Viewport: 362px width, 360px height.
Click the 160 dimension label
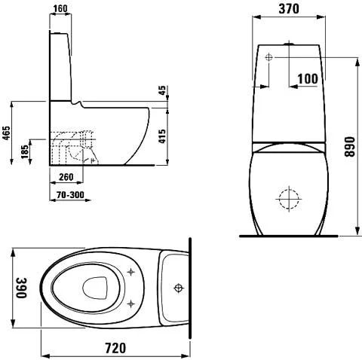tap(60, 8)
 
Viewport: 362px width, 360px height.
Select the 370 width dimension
tap(289, 9)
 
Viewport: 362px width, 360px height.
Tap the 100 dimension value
tap(308, 79)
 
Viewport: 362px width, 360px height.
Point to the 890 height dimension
tap(349, 147)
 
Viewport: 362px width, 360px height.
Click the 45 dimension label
tap(162, 90)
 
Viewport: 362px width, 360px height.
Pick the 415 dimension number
tap(162, 136)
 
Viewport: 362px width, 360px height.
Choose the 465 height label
tap(7, 133)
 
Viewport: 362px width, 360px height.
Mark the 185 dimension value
tap(25, 152)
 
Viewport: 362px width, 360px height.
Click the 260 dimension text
tap(66, 177)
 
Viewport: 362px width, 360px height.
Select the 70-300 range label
tap(70, 194)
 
